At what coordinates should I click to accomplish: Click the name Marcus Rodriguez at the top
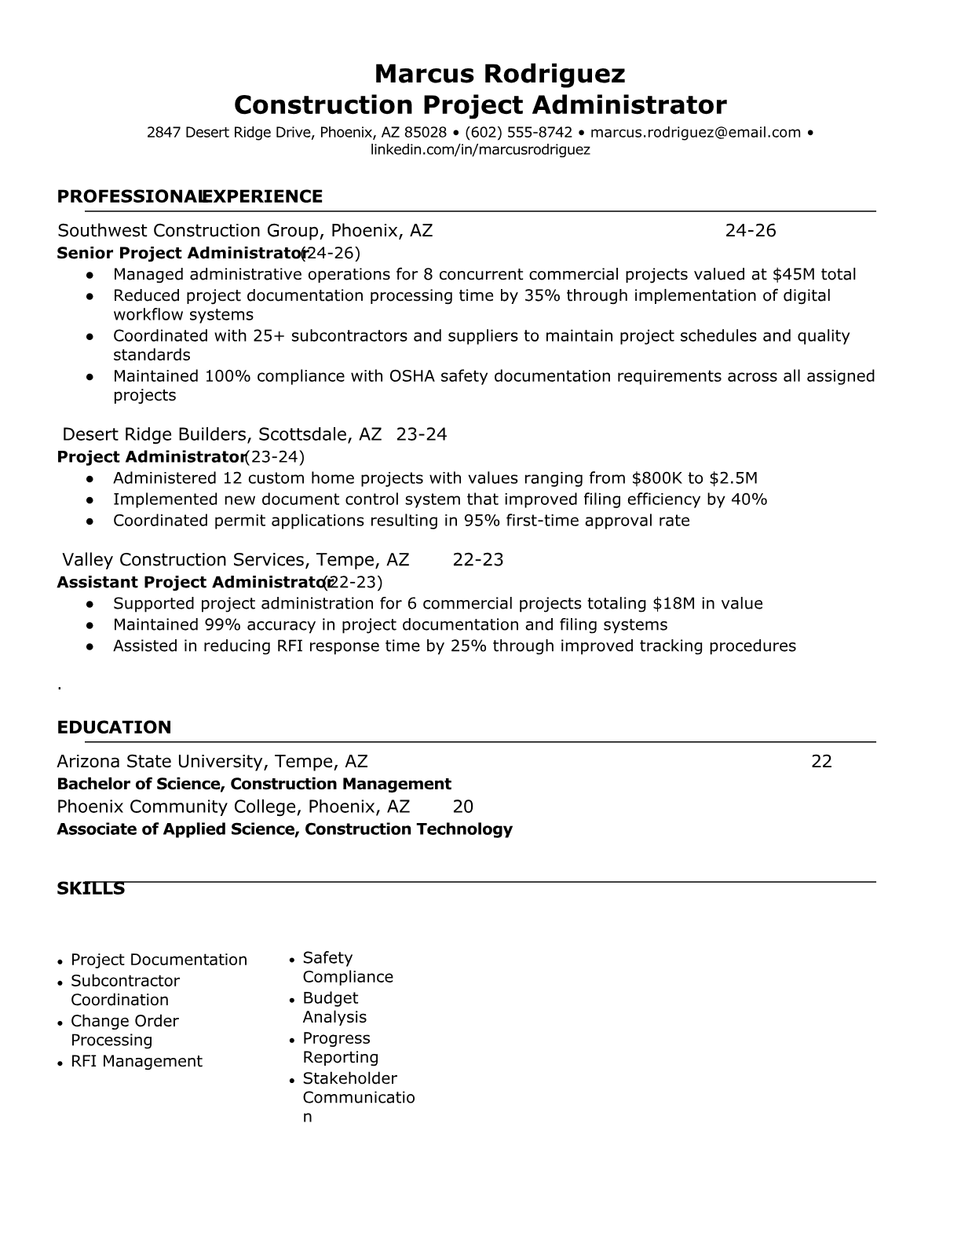(499, 74)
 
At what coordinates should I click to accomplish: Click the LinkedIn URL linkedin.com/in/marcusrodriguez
(480, 149)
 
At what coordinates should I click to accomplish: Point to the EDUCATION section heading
(114, 727)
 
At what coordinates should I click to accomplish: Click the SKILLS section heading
(90, 888)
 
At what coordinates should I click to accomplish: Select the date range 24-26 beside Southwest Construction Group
(750, 230)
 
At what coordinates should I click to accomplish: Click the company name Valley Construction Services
(186, 560)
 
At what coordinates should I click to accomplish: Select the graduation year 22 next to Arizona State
(821, 761)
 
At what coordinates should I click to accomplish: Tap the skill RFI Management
(136, 1061)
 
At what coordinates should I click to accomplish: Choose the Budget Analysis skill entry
(334, 1008)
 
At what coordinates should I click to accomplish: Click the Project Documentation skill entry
(159, 960)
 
